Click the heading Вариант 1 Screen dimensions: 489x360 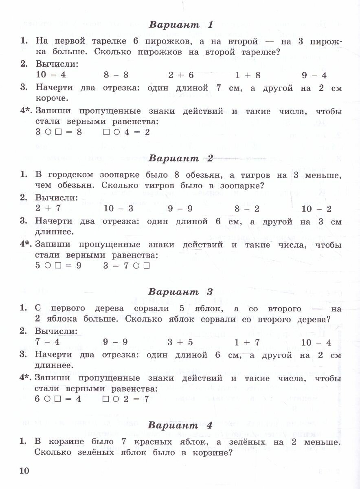(181, 24)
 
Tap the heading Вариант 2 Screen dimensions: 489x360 (181, 158)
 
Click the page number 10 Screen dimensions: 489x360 (24, 471)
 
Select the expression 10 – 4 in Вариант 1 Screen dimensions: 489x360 (50, 75)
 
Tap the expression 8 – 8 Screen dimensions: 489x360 (116, 75)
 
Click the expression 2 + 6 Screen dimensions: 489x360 (181, 75)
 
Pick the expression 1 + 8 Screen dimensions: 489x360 (248, 75)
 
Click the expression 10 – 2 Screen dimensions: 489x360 (317, 209)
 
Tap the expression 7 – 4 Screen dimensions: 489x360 (47, 342)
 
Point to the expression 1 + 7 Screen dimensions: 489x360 (247, 342)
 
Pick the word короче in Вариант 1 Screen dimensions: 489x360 (51, 98)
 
